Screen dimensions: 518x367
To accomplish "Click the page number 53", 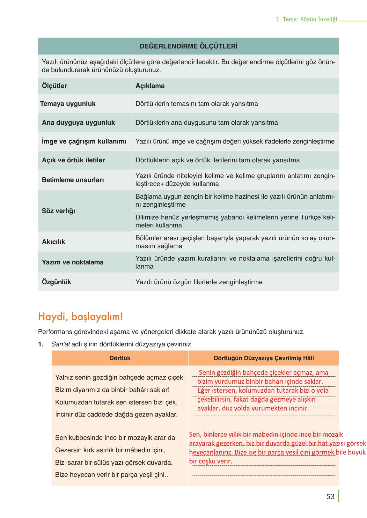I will pyautogui.click(x=330, y=497).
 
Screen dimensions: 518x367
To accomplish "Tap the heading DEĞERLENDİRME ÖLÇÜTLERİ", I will pyautogui.click(x=188, y=46).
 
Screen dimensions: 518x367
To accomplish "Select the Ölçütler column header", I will pyautogui.click(x=55, y=86).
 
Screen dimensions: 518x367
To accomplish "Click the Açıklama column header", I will pyautogui.click(x=150, y=86).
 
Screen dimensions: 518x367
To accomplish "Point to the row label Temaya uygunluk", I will pyautogui.click(x=68, y=104).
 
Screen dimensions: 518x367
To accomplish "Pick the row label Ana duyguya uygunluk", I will pyautogui.click(x=78, y=122).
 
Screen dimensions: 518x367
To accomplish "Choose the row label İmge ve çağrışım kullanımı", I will pyautogui.click(x=84, y=141).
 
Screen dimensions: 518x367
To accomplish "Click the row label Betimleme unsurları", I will pyautogui.click(x=73, y=180).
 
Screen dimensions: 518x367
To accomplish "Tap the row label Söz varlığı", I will pyautogui.click(x=58, y=211).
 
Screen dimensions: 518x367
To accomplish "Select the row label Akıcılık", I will pyautogui.click(x=54, y=242).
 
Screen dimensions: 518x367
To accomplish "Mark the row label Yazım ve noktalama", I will pyautogui.click(x=73, y=262).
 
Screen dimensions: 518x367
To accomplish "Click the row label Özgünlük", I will pyautogui.click(x=56, y=282).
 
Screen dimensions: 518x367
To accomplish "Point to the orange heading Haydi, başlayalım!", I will pyautogui.click(x=80, y=317).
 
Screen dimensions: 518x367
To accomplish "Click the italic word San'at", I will pyautogui.click(x=61, y=344).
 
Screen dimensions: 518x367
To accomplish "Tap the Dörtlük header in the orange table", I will pyautogui.click(x=120, y=358).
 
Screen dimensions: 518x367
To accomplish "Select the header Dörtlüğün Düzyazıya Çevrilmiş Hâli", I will pyautogui.click(x=264, y=358).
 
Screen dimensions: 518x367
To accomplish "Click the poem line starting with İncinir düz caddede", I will pyautogui.click(x=116, y=414).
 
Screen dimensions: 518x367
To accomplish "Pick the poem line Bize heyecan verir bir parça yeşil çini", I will pyautogui.click(x=113, y=475).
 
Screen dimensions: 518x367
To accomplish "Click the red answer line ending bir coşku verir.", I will pyautogui.click(x=211, y=461).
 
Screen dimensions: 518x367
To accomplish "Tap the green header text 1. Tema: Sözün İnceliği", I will pyautogui.click(x=306, y=19).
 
